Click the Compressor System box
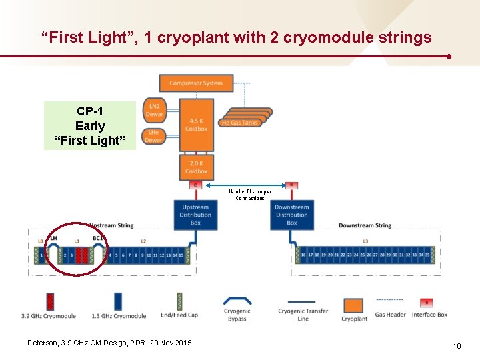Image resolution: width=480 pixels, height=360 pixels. (196, 83)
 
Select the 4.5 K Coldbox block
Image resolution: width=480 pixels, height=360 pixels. (196, 125)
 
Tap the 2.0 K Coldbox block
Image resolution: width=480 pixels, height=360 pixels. (196, 167)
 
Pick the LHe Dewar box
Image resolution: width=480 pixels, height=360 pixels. (154, 137)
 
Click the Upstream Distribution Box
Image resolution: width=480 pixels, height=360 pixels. (195, 215)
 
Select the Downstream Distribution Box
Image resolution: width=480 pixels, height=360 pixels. (292, 215)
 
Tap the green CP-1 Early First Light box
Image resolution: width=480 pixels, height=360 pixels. (89, 125)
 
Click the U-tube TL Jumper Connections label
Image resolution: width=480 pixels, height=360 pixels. (250, 195)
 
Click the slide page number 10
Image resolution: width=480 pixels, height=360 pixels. (457, 345)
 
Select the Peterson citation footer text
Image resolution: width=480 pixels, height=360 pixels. (109, 343)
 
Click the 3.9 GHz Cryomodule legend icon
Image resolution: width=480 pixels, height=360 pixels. (49, 301)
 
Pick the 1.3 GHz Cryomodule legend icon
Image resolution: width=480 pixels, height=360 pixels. (118, 301)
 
